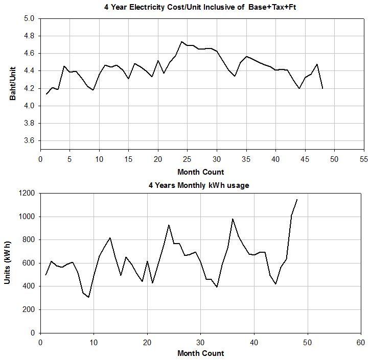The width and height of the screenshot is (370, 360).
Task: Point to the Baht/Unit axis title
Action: pyautogui.click(x=13, y=84)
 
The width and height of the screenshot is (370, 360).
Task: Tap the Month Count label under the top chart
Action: pyautogui.click(x=200, y=172)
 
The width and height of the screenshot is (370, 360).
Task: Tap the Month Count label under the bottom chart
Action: pyautogui.click(x=200, y=353)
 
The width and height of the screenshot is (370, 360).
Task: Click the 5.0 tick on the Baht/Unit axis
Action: pyautogui.click(x=29, y=18)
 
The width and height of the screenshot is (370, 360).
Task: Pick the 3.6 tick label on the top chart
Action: pyautogui.click(x=29, y=140)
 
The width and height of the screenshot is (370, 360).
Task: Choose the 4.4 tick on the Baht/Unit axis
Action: pyautogui.click(x=29, y=70)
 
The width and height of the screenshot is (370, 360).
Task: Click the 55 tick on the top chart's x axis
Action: pyautogui.click(x=364, y=159)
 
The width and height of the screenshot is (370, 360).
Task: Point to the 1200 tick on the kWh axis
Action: pyautogui.click(x=26, y=193)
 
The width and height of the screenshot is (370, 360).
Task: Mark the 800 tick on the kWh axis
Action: pyautogui.click(x=28, y=239)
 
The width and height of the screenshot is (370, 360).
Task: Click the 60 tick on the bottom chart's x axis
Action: pyautogui.click(x=361, y=341)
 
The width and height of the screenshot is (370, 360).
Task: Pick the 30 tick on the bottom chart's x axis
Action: pyautogui.click(x=200, y=341)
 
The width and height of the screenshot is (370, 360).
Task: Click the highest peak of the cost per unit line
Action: pyautogui.click(x=181, y=42)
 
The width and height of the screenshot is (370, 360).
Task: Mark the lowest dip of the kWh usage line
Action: pyautogui.click(x=88, y=297)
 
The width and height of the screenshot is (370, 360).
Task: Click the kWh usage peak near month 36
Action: pyautogui.click(x=233, y=219)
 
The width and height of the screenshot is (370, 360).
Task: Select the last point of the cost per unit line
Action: pyautogui.click(x=322, y=88)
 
